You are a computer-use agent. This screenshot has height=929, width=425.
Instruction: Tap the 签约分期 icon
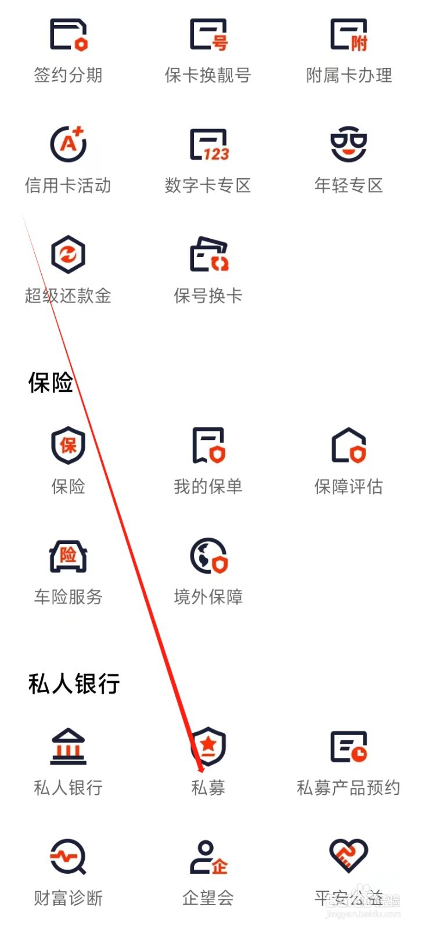pyautogui.click(x=69, y=35)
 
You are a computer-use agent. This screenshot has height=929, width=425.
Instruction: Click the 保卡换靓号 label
pyautogui.click(x=208, y=75)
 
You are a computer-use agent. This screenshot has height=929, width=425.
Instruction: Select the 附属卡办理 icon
pyautogui.click(x=348, y=35)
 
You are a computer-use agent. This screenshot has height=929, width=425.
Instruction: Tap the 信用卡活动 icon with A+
pyautogui.click(x=69, y=144)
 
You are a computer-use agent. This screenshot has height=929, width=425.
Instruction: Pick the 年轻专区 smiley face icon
pyautogui.click(x=348, y=144)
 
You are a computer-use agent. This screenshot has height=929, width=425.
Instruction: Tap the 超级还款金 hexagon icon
pyautogui.click(x=69, y=254)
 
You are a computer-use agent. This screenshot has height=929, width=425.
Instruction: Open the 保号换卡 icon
pyautogui.click(x=208, y=254)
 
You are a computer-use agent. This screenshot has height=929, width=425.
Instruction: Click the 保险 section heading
pyautogui.click(x=51, y=383)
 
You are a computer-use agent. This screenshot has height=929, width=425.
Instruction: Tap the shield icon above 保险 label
pyautogui.click(x=69, y=445)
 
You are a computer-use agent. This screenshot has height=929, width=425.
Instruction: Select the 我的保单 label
pyautogui.click(x=208, y=487)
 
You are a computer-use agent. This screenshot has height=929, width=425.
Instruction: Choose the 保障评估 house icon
pyautogui.click(x=348, y=445)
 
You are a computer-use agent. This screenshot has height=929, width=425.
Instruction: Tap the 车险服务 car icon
pyautogui.click(x=69, y=556)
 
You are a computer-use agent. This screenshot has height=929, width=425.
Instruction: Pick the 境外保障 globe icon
pyautogui.click(x=208, y=556)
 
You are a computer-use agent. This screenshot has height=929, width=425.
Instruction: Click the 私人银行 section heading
pyautogui.click(x=74, y=683)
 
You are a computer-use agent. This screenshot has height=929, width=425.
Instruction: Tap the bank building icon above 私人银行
pyautogui.click(x=69, y=746)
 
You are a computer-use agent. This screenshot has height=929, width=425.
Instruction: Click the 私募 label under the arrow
pyautogui.click(x=208, y=788)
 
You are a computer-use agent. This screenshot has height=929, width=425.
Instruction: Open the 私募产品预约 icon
pyautogui.click(x=348, y=746)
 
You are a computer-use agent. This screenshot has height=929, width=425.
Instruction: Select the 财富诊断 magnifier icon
pyautogui.click(x=69, y=856)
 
